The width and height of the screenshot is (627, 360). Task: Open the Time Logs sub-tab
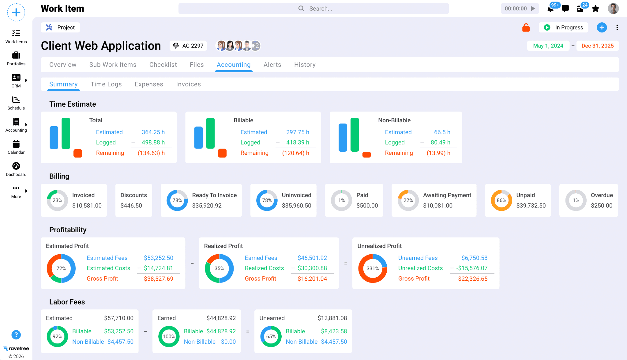[x=106, y=84]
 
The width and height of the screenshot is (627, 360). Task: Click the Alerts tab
[x=272, y=65]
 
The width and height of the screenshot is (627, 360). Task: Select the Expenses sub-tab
[x=149, y=84]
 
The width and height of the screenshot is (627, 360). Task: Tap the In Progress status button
[x=563, y=28]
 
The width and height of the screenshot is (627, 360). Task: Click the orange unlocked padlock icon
[x=526, y=28]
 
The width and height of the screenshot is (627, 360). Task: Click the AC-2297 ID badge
[x=189, y=46]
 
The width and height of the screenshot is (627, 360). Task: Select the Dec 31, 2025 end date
[x=597, y=46]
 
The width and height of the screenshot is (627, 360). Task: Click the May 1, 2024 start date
[x=548, y=46]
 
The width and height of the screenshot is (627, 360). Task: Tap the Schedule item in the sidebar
[x=16, y=103]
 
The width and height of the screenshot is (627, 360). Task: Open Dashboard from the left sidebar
[x=16, y=169]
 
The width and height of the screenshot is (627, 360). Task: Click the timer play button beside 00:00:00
[x=533, y=9]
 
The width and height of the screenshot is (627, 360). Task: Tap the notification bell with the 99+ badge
[x=550, y=9]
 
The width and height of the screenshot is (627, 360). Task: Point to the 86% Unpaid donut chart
[x=501, y=200]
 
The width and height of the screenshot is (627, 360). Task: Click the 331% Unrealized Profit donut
[x=373, y=268]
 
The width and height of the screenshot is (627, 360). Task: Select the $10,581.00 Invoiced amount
[x=87, y=206]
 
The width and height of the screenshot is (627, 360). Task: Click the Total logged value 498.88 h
[x=153, y=142]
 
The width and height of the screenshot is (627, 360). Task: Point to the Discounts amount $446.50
[x=131, y=206]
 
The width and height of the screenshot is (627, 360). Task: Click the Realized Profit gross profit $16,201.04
[x=312, y=279]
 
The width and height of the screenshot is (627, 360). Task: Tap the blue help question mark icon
[x=16, y=335]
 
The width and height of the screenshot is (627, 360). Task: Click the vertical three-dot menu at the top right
[x=617, y=28]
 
